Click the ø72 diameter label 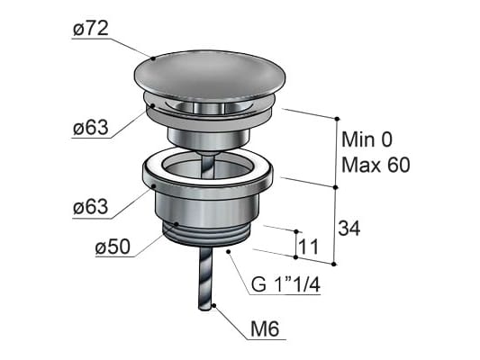pyautogui.click(x=91, y=29)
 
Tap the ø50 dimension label pyautogui.click(x=113, y=247)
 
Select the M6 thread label pyautogui.click(x=265, y=329)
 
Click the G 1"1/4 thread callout pyautogui.click(x=285, y=284)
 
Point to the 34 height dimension pyautogui.click(x=349, y=228)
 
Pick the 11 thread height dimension pyautogui.click(x=309, y=247)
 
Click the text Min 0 pyautogui.click(x=367, y=139)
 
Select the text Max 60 pyautogui.click(x=376, y=166)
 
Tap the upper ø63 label pyautogui.click(x=91, y=127)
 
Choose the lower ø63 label pyautogui.click(x=91, y=207)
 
